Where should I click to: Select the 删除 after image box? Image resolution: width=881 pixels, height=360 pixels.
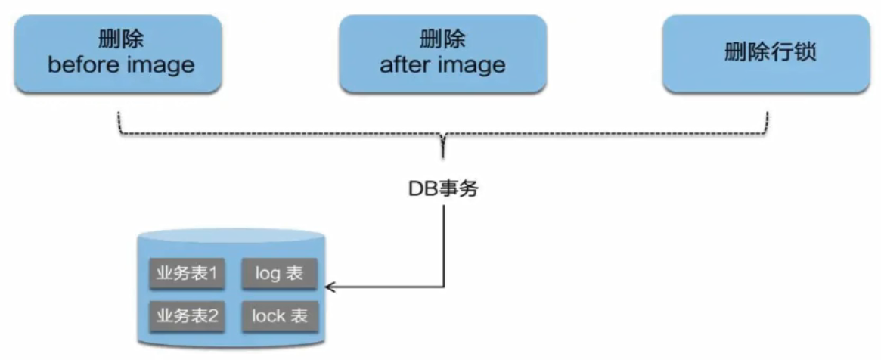click(442, 53)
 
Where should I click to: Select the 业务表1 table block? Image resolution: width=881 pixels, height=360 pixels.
click(187, 274)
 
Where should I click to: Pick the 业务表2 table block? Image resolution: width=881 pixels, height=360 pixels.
click(187, 315)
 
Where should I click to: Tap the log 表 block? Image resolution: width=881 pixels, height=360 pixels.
click(279, 274)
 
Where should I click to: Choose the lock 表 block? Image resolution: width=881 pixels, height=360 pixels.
click(279, 315)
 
